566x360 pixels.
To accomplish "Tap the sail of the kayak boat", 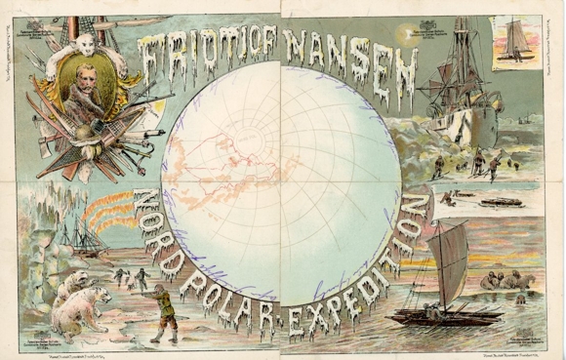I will coord(450,263).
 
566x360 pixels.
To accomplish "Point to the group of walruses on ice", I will coord(513,281).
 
